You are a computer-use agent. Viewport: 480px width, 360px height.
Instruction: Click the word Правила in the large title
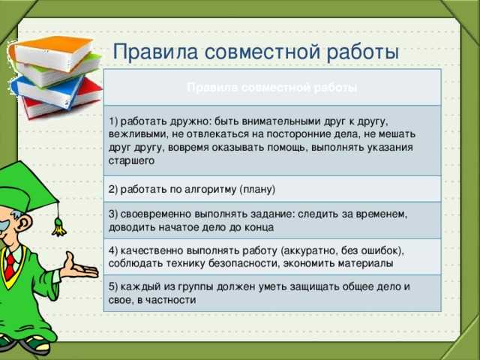click(155, 52)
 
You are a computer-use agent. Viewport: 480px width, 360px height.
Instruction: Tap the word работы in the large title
click(363, 52)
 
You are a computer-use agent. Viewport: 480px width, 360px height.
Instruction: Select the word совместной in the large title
click(262, 52)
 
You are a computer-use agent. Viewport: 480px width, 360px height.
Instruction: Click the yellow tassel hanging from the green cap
click(58, 226)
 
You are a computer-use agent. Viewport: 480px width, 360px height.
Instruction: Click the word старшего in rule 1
click(131, 160)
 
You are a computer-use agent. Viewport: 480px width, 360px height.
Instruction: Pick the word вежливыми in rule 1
click(138, 134)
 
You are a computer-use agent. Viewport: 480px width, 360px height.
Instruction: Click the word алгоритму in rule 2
click(211, 190)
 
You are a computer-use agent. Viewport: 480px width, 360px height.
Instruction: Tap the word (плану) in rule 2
click(257, 190)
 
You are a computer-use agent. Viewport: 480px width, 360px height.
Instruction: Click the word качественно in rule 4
click(151, 250)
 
